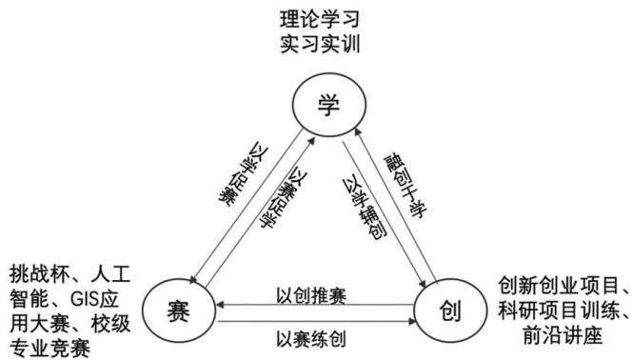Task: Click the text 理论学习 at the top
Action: (320, 19)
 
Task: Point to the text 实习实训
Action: (320, 44)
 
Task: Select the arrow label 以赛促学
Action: (283, 198)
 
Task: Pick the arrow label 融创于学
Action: (405, 186)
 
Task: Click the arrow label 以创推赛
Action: (311, 296)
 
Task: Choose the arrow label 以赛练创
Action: (311, 339)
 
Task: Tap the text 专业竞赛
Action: (49, 349)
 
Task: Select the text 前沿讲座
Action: (563, 335)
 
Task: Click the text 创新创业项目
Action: (559, 286)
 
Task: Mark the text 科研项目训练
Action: (559, 310)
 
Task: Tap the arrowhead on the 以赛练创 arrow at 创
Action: (412, 322)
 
